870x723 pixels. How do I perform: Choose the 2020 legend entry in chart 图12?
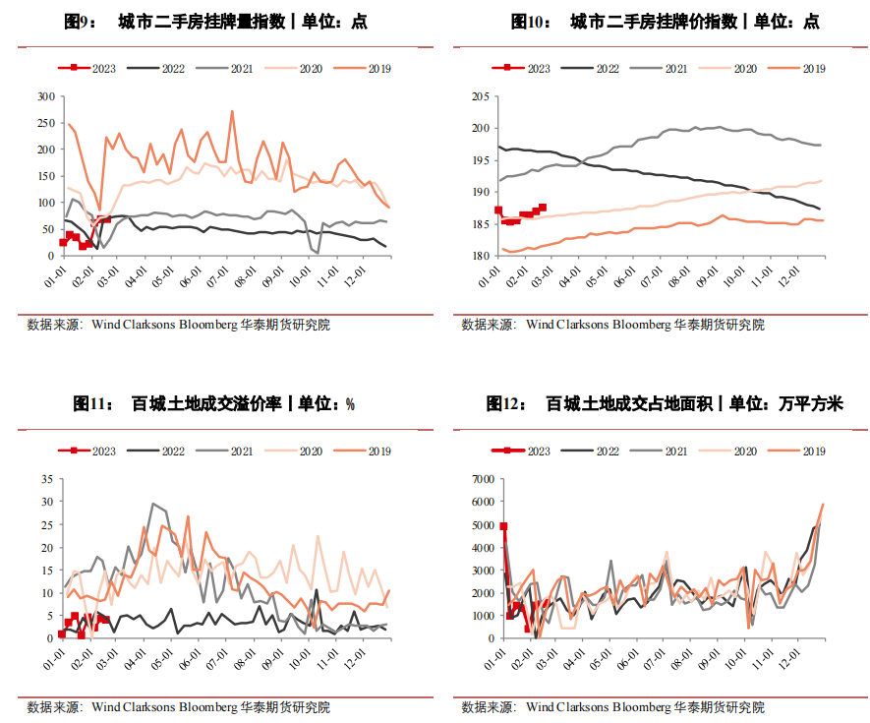pyautogui.click(x=744, y=452)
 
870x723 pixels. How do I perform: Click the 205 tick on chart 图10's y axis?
pyautogui.click(x=480, y=96)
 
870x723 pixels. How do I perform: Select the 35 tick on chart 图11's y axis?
pyautogui.click(x=48, y=479)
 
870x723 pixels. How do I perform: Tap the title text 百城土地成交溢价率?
pyautogui.click(x=205, y=404)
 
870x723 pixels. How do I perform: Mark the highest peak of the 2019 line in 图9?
pyautogui.click(x=232, y=111)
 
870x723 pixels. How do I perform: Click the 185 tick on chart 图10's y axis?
pyautogui.click(x=480, y=224)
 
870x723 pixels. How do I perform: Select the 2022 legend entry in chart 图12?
pyautogui.click(x=607, y=452)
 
